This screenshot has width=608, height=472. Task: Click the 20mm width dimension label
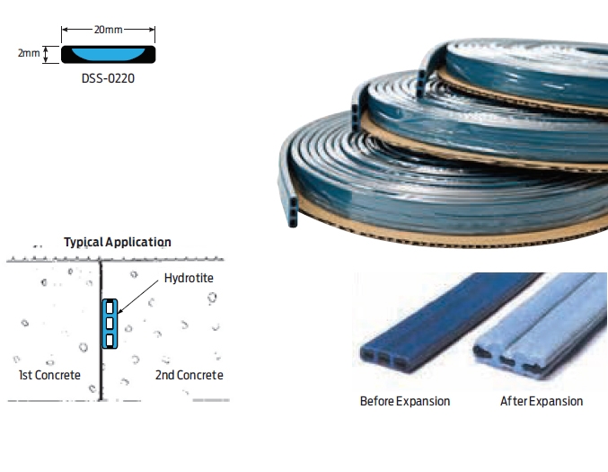[x=109, y=30]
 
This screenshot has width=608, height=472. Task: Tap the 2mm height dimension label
[x=29, y=54]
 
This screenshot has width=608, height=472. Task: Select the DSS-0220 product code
[x=109, y=77]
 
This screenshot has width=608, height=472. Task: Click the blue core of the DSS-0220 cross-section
[x=109, y=54]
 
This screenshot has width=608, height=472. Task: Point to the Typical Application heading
[x=118, y=242]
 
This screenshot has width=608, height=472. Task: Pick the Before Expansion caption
[x=405, y=401]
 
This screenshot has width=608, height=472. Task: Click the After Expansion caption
[x=541, y=401]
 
